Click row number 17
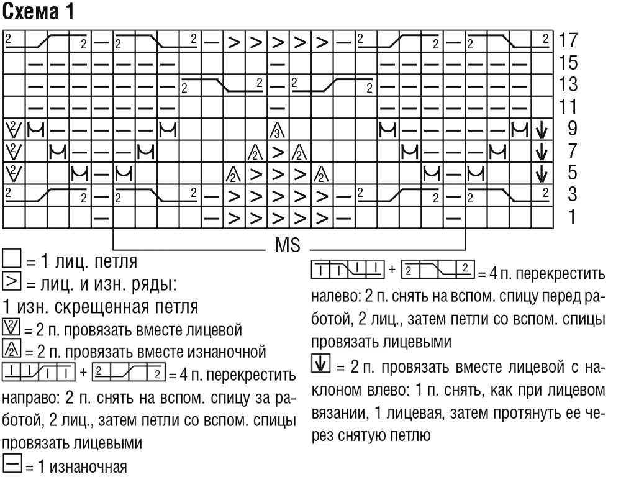(x=568, y=40)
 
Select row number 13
(x=568, y=84)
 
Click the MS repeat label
(x=288, y=245)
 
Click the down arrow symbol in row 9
(x=542, y=129)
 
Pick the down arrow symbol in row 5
(x=542, y=173)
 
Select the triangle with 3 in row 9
(x=278, y=130)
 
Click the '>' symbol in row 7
(x=278, y=152)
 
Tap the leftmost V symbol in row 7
(x=14, y=151)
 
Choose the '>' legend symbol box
(x=11, y=282)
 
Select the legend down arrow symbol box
(x=321, y=363)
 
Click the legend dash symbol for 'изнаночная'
(x=12, y=463)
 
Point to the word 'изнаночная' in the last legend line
(x=83, y=467)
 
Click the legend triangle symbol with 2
(x=11, y=348)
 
